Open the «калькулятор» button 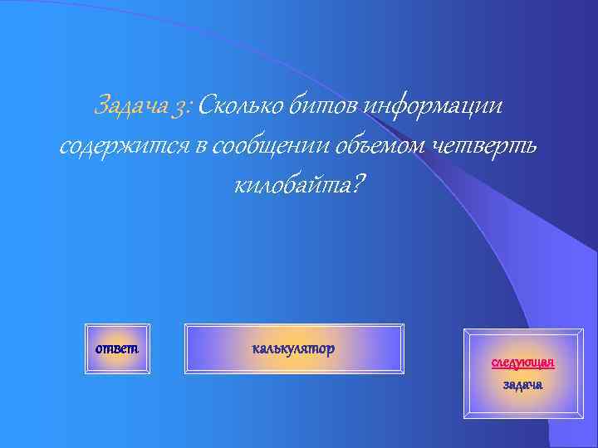(293, 348)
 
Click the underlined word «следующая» (522, 363)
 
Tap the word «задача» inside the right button (522, 385)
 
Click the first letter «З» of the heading (101, 106)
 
